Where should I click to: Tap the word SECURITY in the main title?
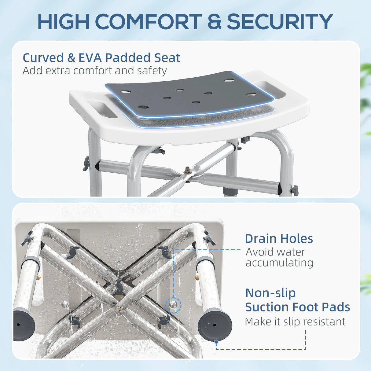click(280, 21)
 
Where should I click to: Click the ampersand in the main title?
click(214, 21)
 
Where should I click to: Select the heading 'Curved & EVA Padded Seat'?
click(101, 58)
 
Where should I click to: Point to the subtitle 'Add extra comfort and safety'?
click(94, 71)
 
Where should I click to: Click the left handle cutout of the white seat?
click(102, 109)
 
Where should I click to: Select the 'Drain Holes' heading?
click(279, 239)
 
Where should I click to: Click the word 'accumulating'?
click(279, 263)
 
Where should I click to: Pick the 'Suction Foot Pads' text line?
click(297, 307)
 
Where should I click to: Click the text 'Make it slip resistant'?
click(295, 321)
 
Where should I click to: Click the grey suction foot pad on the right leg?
click(215, 325)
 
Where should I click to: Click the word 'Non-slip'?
click(270, 293)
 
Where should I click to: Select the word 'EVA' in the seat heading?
click(90, 58)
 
